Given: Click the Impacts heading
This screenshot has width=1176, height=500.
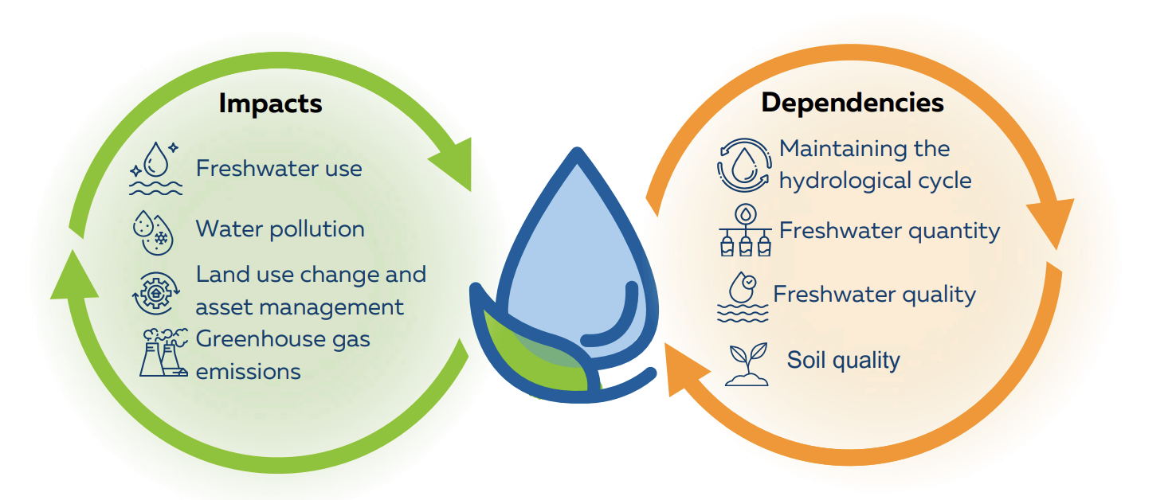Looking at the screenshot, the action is (270, 104).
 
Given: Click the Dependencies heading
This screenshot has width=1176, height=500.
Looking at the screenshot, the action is (852, 103).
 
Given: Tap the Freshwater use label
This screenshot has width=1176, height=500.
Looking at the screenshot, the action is (279, 169).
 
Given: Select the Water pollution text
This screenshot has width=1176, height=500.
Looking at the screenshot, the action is (280, 229).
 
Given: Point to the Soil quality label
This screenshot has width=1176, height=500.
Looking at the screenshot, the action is (843, 361).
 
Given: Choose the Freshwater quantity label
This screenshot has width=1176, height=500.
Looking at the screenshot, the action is (889, 231).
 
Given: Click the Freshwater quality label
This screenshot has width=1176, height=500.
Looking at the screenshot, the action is (874, 295).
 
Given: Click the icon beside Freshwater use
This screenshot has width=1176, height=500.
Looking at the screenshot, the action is (156, 169).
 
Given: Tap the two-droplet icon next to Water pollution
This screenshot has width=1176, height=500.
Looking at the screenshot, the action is (153, 232).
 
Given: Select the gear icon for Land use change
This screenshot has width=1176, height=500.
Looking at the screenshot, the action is (155, 293).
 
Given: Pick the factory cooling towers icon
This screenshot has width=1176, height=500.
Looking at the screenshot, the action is (163, 353).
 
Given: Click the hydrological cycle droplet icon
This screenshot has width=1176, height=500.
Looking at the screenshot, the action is (744, 165).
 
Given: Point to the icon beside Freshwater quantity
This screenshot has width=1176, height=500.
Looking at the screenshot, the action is (746, 230).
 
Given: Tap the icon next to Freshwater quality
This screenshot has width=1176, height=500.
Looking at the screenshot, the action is (743, 297).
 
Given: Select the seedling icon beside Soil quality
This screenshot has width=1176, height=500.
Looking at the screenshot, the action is (747, 364).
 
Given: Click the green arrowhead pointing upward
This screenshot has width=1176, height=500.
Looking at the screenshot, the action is (74, 275).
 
